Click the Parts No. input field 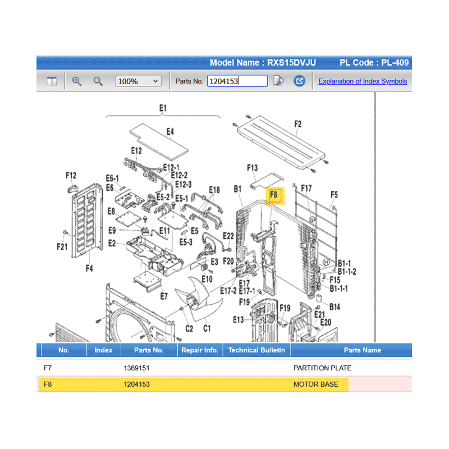[x=237, y=81]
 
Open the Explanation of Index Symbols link [x=363, y=81]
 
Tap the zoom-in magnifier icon [x=76, y=81]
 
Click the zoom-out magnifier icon [x=98, y=81]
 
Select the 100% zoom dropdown [x=138, y=81]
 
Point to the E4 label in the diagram [x=170, y=131]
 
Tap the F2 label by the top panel [x=298, y=124]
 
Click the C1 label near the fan [x=207, y=328]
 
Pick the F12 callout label [x=71, y=175]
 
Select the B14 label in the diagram [x=335, y=307]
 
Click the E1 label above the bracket [x=163, y=108]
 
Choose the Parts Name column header [x=362, y=350]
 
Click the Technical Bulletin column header [x=256, y=350]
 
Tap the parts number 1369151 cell [x=136, y=368]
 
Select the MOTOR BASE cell [x=316, y=384]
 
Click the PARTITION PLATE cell [x=322, y=368]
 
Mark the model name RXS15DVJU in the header [x=291, y=62]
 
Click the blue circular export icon [x=299, y=81]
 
